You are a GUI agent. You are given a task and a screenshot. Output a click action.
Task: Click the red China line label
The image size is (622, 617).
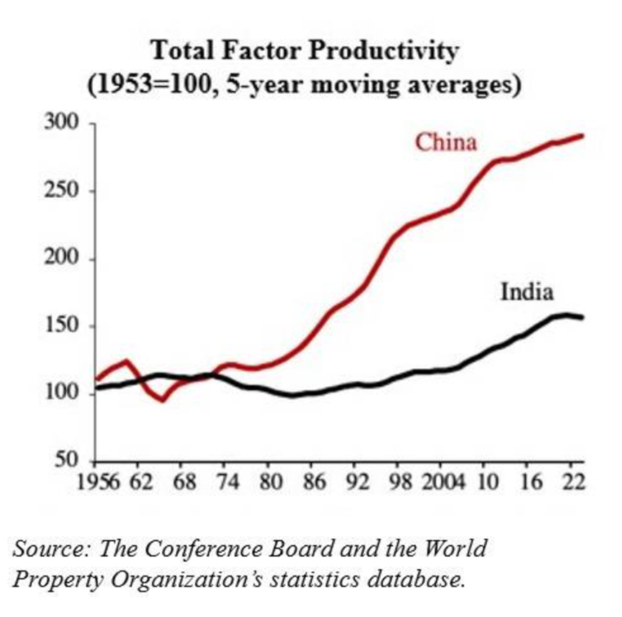(446, 142)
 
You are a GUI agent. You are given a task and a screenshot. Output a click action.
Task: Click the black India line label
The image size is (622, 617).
(527, 292)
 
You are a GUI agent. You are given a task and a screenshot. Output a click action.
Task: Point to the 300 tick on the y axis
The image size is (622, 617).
(62, 123)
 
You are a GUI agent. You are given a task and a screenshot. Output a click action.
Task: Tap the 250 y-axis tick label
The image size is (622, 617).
(62, 191)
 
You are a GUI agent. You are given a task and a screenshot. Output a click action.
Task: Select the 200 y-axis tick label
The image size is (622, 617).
(62, 258)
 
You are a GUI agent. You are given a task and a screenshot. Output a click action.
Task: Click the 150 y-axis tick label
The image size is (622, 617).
(62, 325)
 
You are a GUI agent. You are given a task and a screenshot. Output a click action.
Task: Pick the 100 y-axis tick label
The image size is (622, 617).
(62, 393)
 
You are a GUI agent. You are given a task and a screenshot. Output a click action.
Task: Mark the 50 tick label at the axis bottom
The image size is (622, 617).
(67, 460)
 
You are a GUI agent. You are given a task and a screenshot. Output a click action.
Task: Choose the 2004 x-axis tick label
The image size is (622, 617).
(443, 482)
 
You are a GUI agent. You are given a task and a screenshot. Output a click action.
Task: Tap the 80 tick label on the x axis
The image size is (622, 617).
(270, 482)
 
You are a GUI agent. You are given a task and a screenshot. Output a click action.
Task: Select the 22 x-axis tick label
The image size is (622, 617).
(573, 482)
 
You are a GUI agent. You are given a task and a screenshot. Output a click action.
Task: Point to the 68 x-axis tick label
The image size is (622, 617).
(184, 482)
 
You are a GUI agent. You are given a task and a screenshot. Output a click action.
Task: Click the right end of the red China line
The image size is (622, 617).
(582, 136)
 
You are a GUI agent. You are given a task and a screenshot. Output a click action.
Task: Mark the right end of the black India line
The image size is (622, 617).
(582, 317)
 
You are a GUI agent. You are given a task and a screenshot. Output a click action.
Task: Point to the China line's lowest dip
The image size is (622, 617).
(163, 399)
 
